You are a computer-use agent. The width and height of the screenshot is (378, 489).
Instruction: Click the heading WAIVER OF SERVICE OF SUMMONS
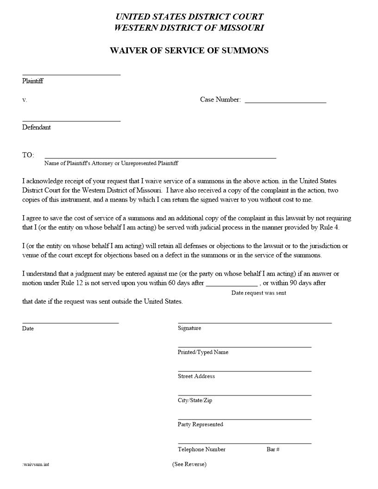tap(189, 50)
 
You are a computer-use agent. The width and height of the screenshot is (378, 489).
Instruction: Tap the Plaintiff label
tap(32, 81)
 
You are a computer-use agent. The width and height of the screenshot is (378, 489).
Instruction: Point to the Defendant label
tap(37, 127)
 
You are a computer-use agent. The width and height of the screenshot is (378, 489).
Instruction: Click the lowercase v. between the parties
tap(25, 100)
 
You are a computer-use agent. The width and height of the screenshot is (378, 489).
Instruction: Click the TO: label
tap(28, 155)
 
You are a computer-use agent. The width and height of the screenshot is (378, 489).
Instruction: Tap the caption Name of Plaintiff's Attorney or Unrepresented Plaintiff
tap(111, 163)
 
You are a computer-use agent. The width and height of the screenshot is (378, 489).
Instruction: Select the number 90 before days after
tap(294, 283)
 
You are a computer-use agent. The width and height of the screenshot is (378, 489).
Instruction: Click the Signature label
tap(189, 328)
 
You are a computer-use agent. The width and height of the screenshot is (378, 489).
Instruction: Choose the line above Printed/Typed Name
tap(245, 347)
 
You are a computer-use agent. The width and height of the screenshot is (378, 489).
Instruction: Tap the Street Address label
tap(196, 376)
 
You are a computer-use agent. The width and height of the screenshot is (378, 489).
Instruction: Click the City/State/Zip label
tap(195, 401)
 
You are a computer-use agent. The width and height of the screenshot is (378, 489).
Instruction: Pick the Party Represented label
tap(201, 425)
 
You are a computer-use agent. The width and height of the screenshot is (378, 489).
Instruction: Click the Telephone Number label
tap(202, 449)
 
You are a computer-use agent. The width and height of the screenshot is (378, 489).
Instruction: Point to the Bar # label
tap(273, 449)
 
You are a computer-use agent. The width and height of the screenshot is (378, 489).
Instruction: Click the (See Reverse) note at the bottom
tap(189, 464)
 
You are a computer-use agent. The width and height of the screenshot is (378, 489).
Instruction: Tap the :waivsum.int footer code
tap(36, 464)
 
